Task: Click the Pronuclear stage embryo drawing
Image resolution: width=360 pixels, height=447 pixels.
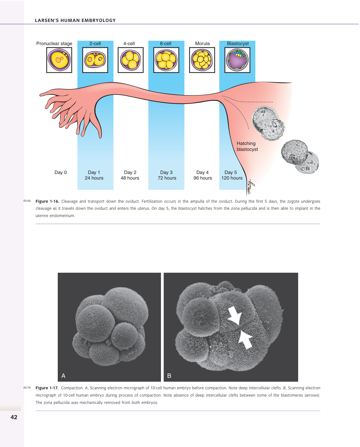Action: (59, 60)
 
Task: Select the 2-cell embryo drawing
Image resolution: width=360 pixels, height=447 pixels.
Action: (95, 60)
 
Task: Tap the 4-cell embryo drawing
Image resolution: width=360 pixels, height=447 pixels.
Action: (130, 60)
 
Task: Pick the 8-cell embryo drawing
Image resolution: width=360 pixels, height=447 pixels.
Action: (166, 60)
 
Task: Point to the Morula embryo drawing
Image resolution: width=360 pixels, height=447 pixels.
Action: (202, 60)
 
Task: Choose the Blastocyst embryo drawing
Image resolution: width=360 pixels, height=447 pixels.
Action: (237, 60)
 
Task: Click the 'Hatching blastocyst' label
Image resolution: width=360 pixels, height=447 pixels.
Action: (247, 146)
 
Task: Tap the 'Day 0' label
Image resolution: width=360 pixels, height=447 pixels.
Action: (60, 173)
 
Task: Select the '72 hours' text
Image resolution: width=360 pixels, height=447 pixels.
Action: (167, 178)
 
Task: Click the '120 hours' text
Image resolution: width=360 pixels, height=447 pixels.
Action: (232, 178)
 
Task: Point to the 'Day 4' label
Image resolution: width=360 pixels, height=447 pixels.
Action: (202, 173)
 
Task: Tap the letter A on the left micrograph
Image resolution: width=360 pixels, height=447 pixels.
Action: (63, 376)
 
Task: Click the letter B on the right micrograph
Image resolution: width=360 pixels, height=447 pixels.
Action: (169, 376)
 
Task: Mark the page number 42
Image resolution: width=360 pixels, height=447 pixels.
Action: (14, 417)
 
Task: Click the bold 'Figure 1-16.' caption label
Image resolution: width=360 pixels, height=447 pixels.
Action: (47, 202)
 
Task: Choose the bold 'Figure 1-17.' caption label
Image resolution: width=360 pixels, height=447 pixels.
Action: (47, 388)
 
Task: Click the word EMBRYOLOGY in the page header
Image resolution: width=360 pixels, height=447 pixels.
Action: (99, 21)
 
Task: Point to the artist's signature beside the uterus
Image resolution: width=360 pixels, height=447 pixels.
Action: (250, 187)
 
